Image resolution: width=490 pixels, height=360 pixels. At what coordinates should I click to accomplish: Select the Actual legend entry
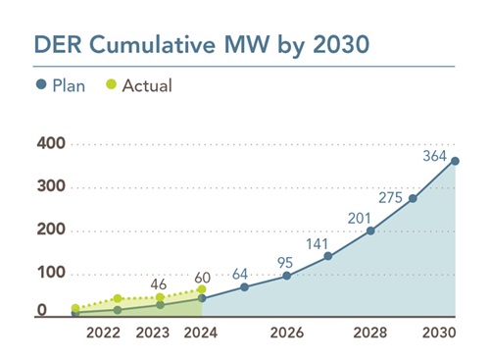tap(139, 85)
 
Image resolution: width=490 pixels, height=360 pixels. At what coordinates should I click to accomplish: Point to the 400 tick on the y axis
tap(51, 144)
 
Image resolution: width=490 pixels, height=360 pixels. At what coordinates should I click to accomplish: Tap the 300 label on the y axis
tap(51, 187)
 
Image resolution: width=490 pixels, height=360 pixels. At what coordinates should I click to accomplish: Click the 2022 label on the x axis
tap(103, 334)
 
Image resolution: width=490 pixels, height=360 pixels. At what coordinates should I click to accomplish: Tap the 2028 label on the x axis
tap(369, 334)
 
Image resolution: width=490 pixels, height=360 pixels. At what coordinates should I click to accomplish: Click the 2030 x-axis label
tap(441, 334)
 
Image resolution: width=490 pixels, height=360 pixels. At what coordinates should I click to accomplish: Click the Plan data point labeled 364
tap(456, 161)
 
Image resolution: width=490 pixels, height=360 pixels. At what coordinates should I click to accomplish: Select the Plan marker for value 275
tap(413, 198)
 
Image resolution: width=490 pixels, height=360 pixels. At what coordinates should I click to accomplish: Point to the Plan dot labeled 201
tap(370, 231)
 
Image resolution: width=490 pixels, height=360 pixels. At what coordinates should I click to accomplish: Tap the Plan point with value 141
tap(328, 257)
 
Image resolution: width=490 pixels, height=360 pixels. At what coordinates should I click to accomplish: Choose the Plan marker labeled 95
tap(286, 276)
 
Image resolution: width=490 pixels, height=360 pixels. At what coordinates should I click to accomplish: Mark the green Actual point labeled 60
tap(202, 289)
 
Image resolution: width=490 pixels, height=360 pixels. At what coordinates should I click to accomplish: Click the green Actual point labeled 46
tap(160, 297)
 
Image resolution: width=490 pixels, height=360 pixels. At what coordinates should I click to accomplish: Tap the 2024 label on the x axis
tap(201, 334)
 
